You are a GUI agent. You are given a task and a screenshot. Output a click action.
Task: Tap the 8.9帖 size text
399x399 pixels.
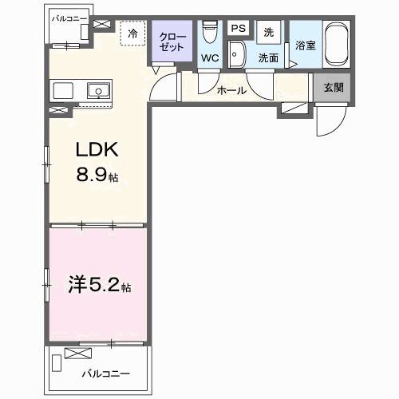(x=97, y=176)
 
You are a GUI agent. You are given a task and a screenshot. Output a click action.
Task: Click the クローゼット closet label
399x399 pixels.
(x=172, y=41)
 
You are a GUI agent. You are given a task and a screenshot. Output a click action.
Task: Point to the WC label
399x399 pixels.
(x=209, y=57)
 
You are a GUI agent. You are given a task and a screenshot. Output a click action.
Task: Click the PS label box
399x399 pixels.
(x=238, y=29)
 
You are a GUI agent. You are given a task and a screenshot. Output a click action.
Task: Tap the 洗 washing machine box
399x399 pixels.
(x=269, y=32)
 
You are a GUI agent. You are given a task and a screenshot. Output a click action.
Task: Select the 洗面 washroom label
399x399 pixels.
(x=268, y=57)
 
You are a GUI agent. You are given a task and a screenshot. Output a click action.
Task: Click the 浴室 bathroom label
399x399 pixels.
(x=306, y=45)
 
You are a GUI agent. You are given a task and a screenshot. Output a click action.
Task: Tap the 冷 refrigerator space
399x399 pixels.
(x=133, y=34)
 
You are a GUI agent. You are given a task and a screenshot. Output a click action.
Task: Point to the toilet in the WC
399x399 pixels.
(x=210, y=33)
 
